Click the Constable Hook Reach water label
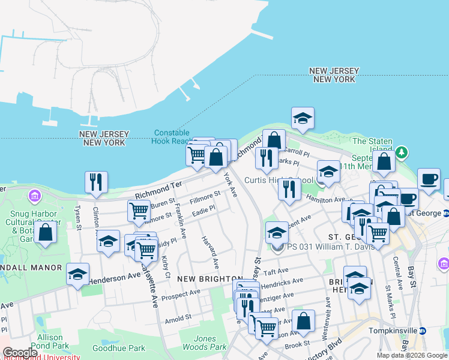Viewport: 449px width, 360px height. pos(172,137)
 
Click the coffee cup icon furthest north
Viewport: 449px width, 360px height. pos(429,179)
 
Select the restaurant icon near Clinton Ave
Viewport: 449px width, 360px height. pos(96,181)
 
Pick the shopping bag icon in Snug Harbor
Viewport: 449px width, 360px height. pos(45,233)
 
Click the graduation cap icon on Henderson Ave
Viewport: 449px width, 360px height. pos(78,274)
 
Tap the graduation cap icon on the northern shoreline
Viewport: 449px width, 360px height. pos(303,118)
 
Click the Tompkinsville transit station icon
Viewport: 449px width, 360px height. pos(423,330)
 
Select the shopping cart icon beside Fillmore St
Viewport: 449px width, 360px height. pos(139,211)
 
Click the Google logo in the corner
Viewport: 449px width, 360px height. pos(20,353)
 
